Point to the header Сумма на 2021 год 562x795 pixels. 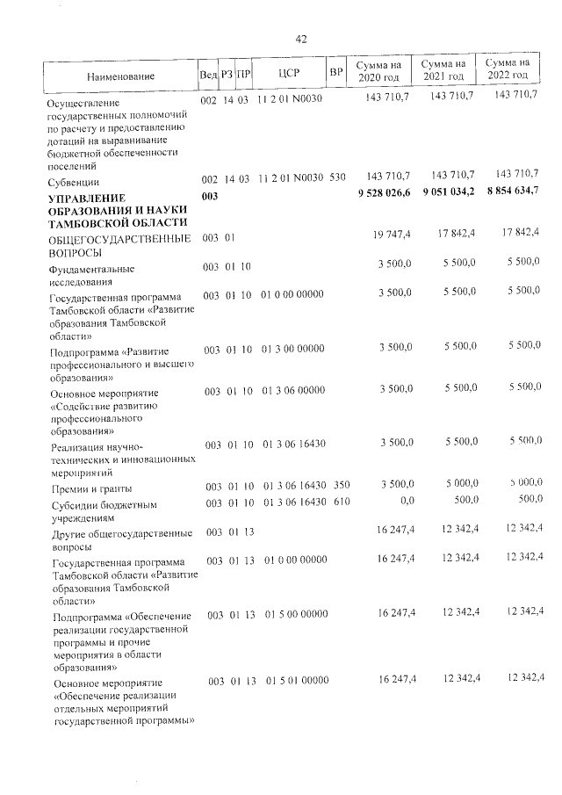pyautogui.click(x=443, y=71)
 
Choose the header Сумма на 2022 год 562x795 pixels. pyautogui.click(x=507, y=69)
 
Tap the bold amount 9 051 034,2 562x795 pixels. pyautogui.click(x=449, y=192)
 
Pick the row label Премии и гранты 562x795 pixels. pyautogui.click(x=91, y=488)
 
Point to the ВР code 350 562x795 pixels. pyautogui.click(x=342, y=485)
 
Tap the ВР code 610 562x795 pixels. pyautogui.click(x=342, y=501)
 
